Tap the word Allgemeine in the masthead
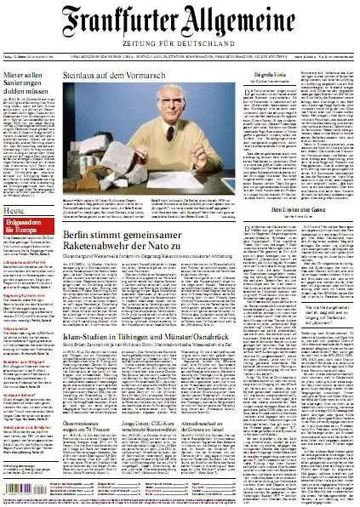255,18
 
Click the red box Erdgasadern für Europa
31,227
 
